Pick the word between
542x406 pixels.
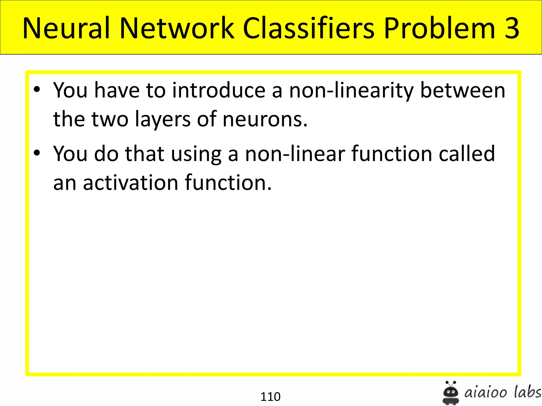click(463, 91)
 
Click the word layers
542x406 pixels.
click(162, 119)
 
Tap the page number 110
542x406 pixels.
click(270, 396)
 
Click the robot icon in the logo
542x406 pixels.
click(451, 393)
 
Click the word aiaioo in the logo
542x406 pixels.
click(486, 393)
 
